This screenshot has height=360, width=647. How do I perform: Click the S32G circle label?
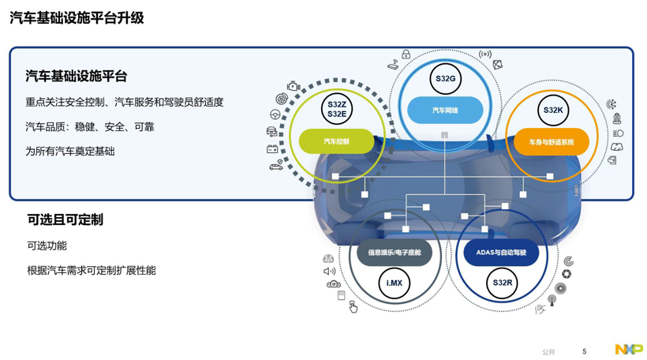(445, 78)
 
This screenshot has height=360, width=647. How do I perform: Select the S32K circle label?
(552, 111)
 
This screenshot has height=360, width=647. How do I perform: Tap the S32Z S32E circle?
(337, 110)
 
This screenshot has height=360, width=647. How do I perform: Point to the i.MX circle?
(394, 283)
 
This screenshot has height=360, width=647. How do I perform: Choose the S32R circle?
(502, 283)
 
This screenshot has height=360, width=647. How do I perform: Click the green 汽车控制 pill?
(336, 141)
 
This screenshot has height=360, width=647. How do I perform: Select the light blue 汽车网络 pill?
(445, 111)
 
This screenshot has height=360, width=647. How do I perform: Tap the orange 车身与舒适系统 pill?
(552, 142)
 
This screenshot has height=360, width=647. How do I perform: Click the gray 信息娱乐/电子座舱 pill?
(394, 253)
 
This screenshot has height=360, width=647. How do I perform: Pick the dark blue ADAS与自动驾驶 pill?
(501, 253)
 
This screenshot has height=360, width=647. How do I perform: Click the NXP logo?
(629, 349)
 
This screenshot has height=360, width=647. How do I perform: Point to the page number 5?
(585, 351)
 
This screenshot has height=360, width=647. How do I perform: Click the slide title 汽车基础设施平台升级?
(77, 18)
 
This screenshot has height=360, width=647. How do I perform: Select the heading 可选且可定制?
(65, 219)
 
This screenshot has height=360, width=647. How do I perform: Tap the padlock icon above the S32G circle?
(406, 54)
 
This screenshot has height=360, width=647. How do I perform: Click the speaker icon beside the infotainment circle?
(329, 272)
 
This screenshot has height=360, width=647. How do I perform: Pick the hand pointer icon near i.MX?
(353, 306)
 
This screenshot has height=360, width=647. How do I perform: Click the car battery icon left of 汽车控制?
(272, 148)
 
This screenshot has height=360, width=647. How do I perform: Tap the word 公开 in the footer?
(548, 352)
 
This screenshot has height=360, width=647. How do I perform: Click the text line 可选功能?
(47, 246)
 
